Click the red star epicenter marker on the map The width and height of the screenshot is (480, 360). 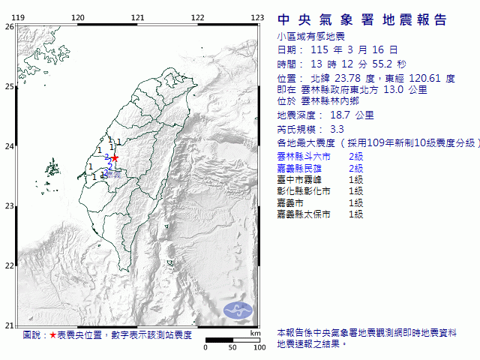pos(115,158)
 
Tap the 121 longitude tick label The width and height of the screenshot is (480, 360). pos(137,17)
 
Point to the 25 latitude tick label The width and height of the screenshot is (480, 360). pos(9,86)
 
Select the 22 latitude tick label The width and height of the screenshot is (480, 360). pos(9,265)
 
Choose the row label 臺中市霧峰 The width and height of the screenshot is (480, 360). pos(300,179)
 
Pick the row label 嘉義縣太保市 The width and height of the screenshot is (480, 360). pos(305,214)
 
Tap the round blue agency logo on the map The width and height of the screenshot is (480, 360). pos(240,307)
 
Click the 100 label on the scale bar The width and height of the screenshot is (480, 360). pos(259,347)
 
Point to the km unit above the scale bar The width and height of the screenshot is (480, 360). pos(256,332)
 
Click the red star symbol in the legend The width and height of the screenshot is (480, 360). pos(52,335)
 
